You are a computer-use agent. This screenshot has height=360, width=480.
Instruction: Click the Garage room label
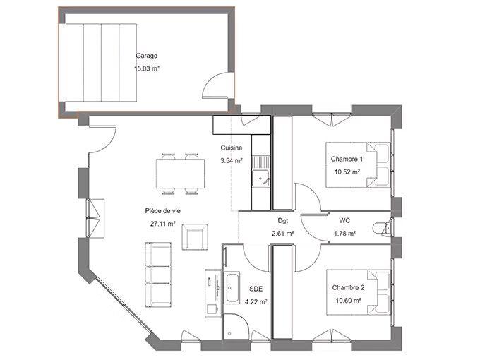146,56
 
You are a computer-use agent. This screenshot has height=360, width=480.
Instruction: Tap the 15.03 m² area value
146,69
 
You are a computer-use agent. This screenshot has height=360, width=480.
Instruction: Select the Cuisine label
232,148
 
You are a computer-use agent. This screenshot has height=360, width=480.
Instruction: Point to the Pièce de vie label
163,210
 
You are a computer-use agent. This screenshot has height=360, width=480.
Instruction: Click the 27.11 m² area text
162,224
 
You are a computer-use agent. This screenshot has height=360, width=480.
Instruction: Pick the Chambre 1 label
347,159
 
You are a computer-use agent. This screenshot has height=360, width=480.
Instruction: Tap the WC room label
345,220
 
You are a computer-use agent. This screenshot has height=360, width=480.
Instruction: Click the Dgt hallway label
282,220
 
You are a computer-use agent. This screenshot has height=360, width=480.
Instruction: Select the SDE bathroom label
256,289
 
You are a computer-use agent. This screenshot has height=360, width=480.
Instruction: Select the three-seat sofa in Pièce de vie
159,272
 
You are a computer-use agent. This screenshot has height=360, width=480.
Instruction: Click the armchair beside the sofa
195,236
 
